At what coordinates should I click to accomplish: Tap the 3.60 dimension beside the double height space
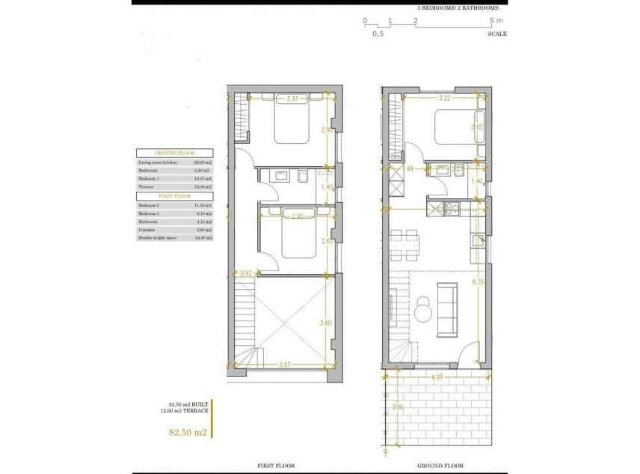point(326,323)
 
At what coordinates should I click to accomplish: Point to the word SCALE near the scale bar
point(497,34)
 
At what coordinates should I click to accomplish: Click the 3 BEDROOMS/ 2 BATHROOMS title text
point(458,7)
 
